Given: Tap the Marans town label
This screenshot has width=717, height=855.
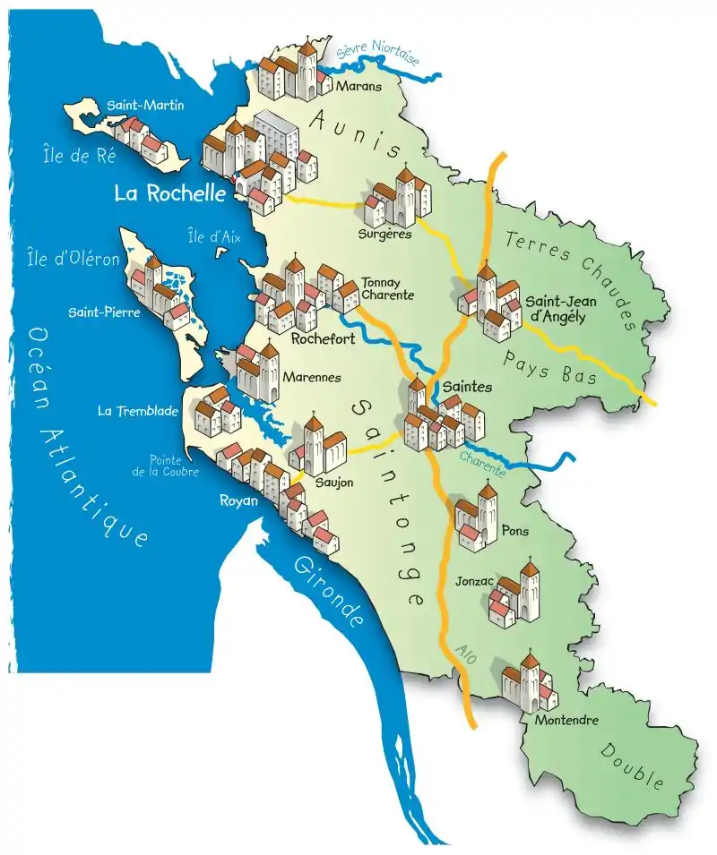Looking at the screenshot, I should click(358, 87).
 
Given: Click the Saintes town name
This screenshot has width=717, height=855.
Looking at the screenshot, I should click(467, 387).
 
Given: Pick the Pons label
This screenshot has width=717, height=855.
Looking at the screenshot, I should click(515, 531).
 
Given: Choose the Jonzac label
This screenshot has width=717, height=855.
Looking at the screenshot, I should click(475, 580).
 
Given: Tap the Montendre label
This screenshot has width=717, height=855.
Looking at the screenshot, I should click(566, 720).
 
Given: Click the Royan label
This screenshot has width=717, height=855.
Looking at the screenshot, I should click(239, 500).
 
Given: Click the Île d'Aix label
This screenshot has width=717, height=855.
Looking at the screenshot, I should click(209, 237).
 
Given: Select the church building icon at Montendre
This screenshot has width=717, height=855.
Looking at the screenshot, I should click(529, 683).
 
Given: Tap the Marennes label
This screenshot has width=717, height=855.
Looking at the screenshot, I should click(311, 378).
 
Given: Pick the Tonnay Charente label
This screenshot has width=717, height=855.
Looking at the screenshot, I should click(387, 287).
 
